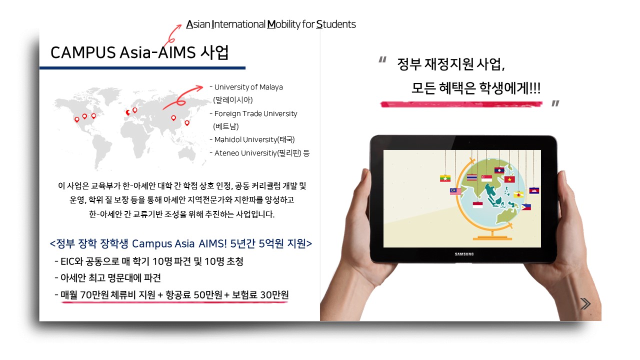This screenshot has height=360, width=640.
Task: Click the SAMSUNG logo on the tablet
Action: coord(464,254)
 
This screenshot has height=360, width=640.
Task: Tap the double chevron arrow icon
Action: coord(585,303)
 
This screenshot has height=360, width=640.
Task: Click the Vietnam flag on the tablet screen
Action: coord(509,179)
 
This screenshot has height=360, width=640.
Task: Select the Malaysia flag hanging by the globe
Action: coord(455,191)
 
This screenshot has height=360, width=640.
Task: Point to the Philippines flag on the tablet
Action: coord(526,207)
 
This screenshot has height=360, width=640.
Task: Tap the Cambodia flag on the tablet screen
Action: coord(534,190)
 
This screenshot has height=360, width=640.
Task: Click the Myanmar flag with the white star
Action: coord(445,178)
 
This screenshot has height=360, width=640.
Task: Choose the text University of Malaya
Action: coord(248,87)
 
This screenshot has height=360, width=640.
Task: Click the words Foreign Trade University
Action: coord(255,113)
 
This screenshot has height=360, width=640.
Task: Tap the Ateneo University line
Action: coord(259,153)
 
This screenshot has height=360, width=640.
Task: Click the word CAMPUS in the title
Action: coord(83,53)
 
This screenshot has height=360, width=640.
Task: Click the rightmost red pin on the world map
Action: coord(187,123)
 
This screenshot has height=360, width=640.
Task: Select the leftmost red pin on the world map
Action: coord(76,119)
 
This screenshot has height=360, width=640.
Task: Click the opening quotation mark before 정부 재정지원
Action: coord(382,59)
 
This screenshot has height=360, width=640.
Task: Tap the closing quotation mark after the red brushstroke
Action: coord(555,103)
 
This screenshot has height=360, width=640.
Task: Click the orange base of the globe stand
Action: coord(492,237)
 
